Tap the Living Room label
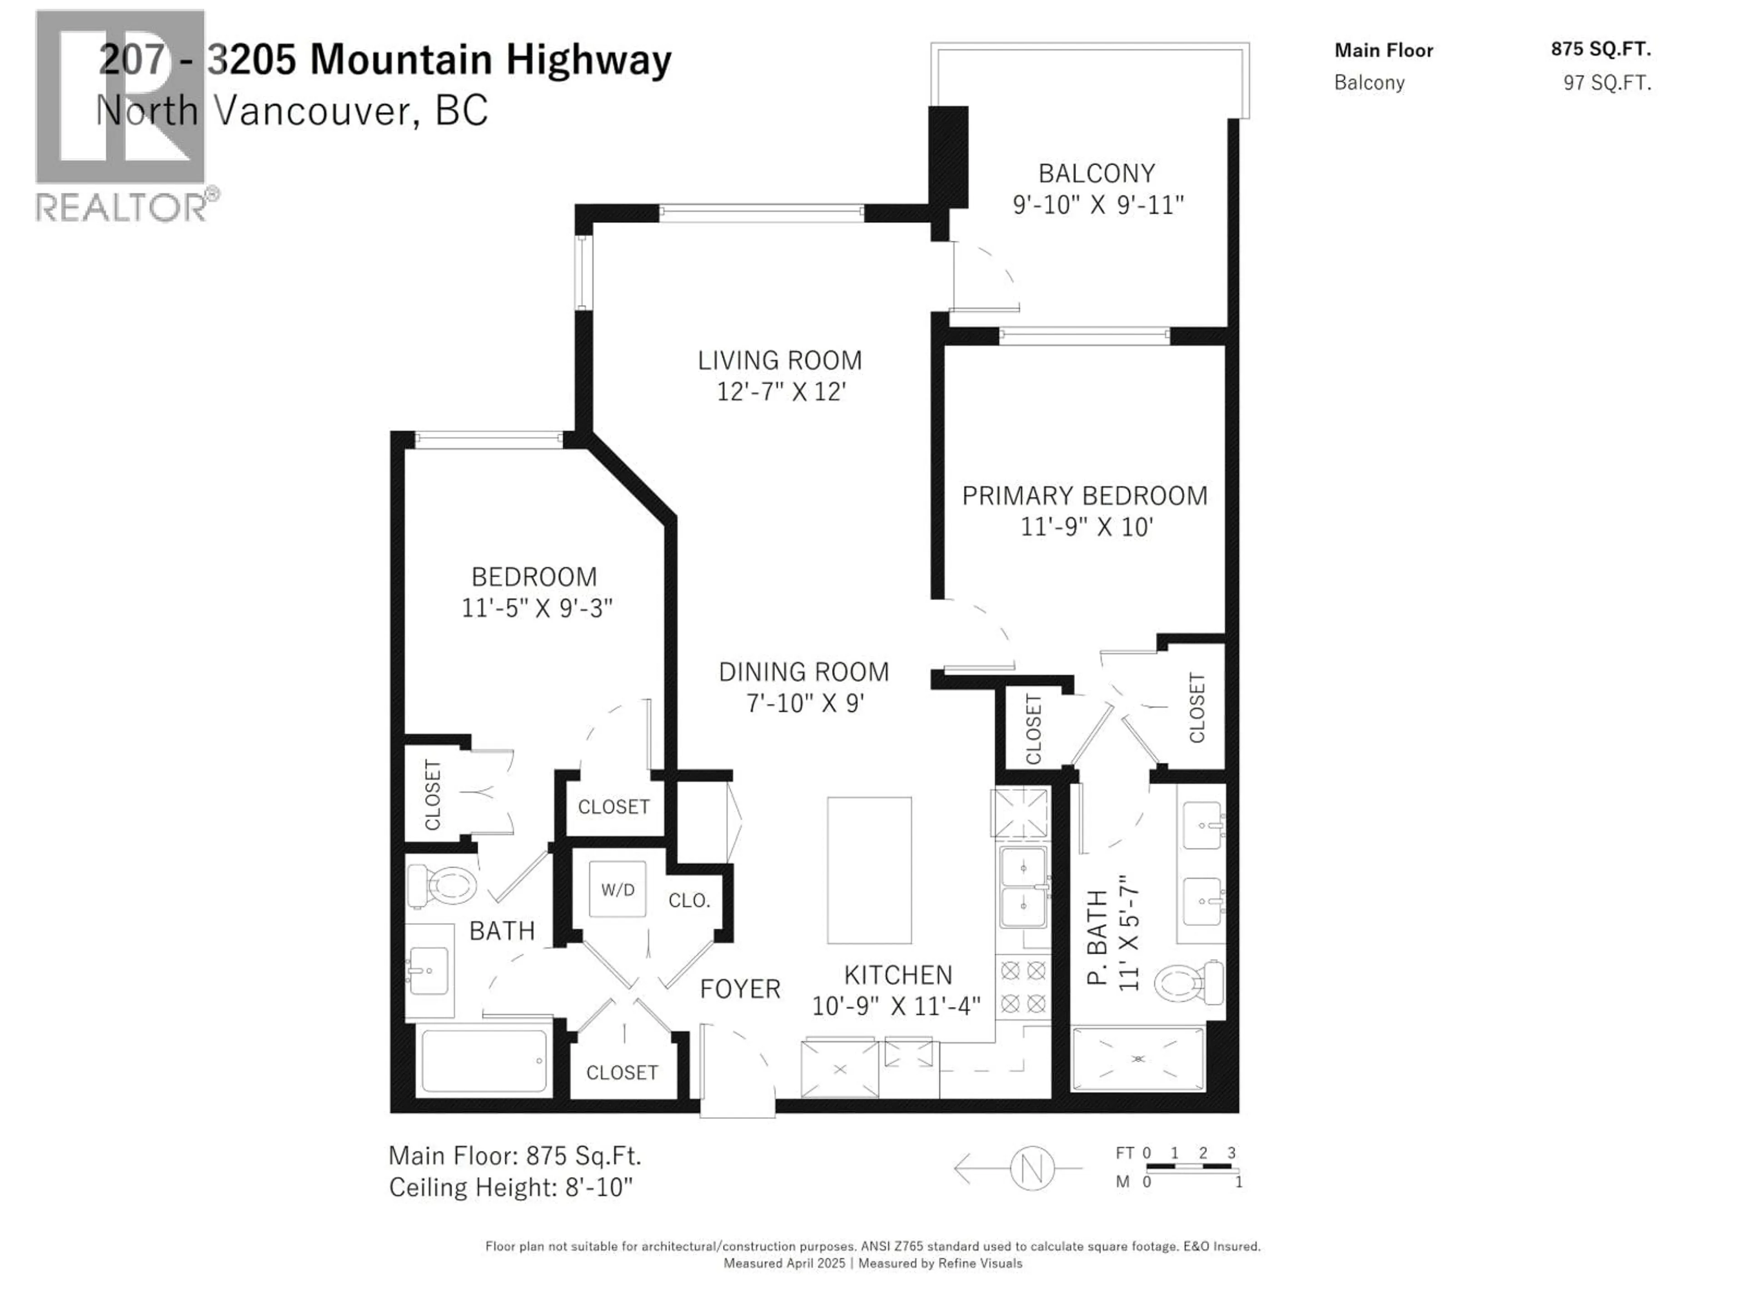(x=779, y=360)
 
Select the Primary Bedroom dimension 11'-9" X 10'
(x=1086, y=527)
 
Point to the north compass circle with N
(x=1032, y=1168)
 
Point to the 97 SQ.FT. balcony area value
(x=1607, y=83)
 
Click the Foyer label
(x=739, y=989)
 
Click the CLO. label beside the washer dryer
(x=689, y=900)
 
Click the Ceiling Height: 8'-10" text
(x=510, y=1187)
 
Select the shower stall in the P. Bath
(x=1137, y=1058)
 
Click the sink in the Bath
(x=429, y=971)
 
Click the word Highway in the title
(x=588, y=60)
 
